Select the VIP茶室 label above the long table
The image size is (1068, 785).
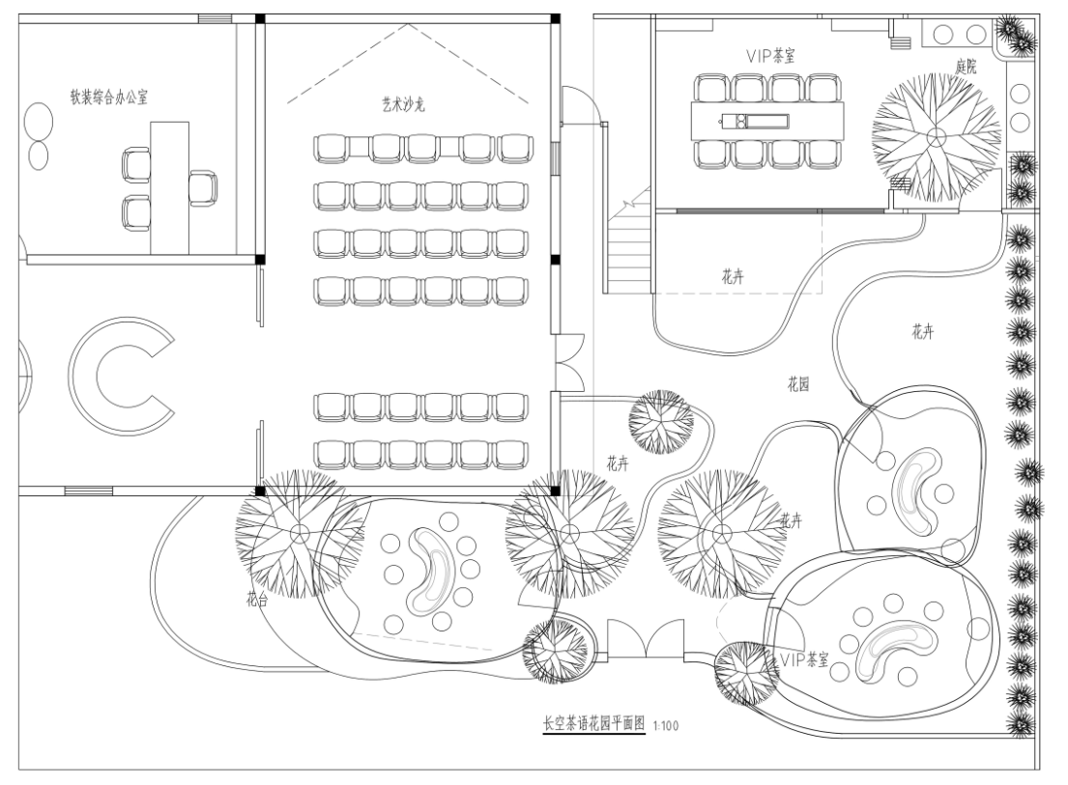coord(771,56)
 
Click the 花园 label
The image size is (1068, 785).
coord(797,383)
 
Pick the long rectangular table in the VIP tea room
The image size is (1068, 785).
coord(766,121)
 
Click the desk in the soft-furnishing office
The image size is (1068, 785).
coord(169,183)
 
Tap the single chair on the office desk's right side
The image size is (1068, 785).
coord(203,185)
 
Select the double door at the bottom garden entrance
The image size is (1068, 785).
coord(645,639)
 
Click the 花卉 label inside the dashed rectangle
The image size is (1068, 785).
coord(733,276)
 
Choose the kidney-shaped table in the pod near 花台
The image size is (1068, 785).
coord(428,573)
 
